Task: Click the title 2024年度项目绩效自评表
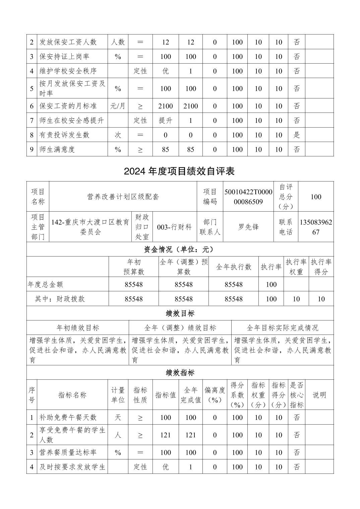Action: click(x=179, y=171)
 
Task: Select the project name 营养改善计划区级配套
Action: click(x=123, y=197)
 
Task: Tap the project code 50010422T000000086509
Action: click(x=248, y=197)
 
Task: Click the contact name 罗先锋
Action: click(x=248, y=227)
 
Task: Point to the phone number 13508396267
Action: click(x=316, y=227)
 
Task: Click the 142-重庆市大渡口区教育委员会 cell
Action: click(x=90, y=227)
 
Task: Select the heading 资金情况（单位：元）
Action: click(x=180, y=249)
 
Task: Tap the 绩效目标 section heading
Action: click(x=180, y=313)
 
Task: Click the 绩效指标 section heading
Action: click(x=180, y=373)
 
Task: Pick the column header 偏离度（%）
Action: click(x=215, y=395)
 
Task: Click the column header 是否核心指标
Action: click(x=297, y=395)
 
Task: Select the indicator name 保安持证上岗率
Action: click(x=64, y=57)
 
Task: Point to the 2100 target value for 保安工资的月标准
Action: click(x=166, y=106)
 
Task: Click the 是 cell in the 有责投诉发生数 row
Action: click(x=297, y=135)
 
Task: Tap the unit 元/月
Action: click(x=118, y=106)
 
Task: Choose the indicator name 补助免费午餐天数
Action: click(x=68, y=417)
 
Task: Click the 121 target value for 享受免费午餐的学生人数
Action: click(x=166, y=435)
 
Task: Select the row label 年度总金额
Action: click(x=45, y=284)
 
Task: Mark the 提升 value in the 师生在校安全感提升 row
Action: click(x=166, y=121)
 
